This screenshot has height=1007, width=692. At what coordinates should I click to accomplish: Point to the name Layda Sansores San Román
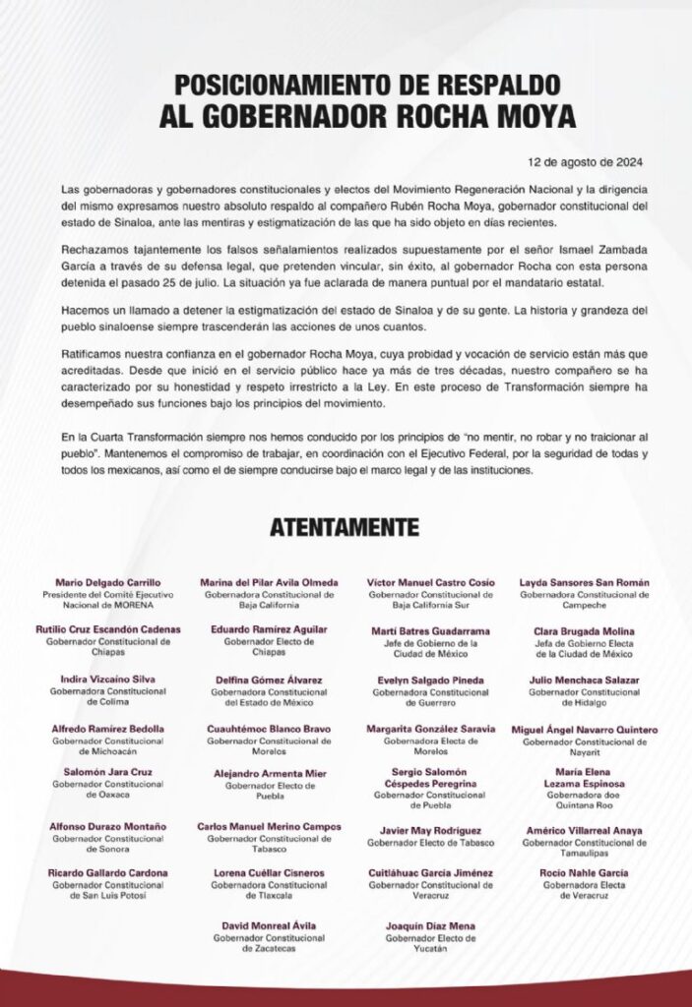coord(585,583)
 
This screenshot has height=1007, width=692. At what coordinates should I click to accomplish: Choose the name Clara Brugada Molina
coord(585,631)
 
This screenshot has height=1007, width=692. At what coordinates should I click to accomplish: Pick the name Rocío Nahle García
coord(585,872)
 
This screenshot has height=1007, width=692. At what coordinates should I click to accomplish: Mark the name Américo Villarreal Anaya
coord(585,830)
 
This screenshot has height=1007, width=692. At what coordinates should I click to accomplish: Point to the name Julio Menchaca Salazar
coord(585,680)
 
